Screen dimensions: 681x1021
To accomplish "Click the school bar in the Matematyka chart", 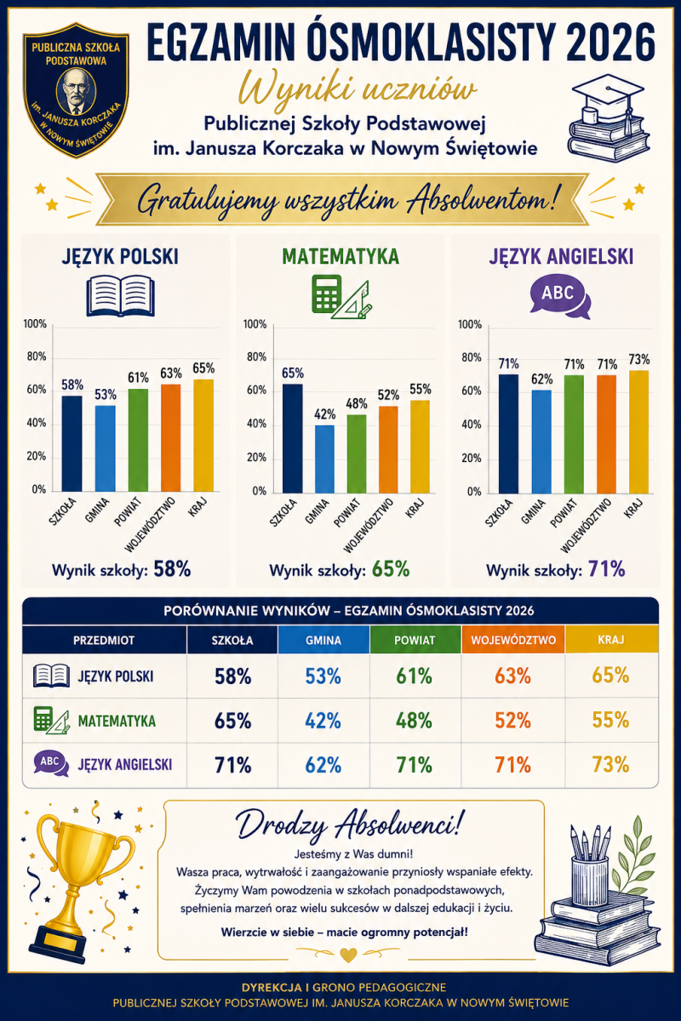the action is [292, 438].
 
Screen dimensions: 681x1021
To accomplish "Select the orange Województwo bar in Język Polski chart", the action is [170, 438].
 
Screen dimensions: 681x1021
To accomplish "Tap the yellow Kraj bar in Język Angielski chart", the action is [638, 432].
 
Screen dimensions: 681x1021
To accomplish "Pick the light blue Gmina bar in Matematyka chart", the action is [324, 459].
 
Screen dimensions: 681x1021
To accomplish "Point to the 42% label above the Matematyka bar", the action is [325, 414].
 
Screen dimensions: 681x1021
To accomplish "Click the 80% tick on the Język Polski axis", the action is [37, 356].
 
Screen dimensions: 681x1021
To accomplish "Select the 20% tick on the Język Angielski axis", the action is [472, 458].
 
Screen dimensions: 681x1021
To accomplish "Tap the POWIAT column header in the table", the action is [415, 640].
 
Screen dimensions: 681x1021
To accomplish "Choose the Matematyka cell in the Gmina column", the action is [323, 721].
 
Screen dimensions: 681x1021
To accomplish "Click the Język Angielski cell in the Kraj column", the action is [610, 765].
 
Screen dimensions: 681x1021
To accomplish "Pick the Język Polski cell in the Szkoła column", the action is [232, 676].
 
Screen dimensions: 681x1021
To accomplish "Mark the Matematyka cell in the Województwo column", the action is [513, 721].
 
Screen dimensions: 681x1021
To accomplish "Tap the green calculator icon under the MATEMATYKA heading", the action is [327, 294].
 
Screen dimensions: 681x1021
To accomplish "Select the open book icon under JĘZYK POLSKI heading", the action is [120, 296].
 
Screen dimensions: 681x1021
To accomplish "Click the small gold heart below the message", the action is [349, 953].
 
